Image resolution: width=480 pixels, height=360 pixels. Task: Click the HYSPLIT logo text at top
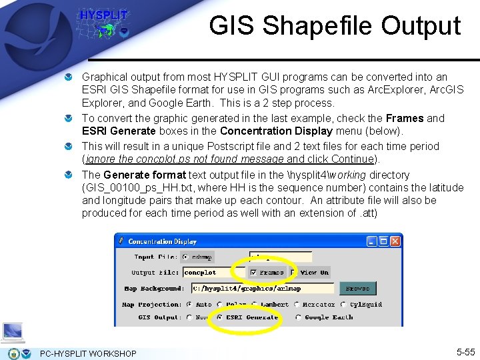tap(103, 15)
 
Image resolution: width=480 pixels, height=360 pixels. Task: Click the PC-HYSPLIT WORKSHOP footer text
tap(88, 353)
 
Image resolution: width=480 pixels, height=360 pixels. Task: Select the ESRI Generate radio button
tap(221, 317)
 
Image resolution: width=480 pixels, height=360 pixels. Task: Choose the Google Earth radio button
tap(298, 317)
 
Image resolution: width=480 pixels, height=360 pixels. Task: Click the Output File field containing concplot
tap(206, 272)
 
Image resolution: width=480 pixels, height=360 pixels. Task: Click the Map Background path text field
tap(262, 289)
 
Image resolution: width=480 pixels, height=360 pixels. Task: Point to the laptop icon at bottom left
tap(13, 332)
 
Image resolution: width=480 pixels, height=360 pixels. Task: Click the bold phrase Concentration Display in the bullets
tap(265, 131)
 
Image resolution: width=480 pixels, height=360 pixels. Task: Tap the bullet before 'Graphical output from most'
tap(69, 78)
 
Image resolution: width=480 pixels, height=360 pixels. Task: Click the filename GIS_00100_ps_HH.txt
tap(135, 187)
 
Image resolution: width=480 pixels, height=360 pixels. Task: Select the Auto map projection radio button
tap(190, 305)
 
